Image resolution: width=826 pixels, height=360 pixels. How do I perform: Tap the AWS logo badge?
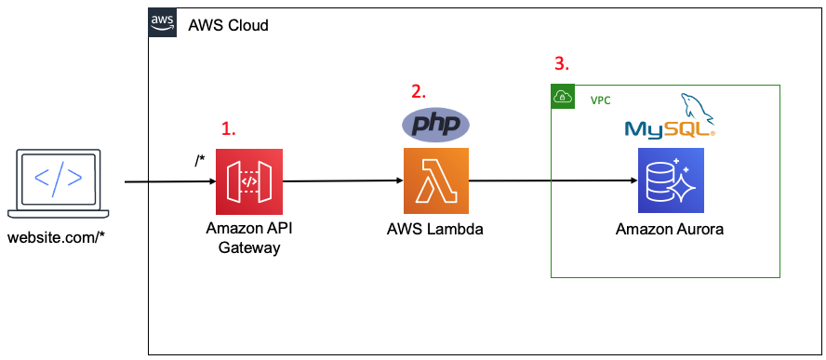pos(163,24)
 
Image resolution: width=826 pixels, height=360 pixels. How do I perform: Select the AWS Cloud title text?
pos(228,25)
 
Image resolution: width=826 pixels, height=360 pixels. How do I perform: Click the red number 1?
pos(228,129)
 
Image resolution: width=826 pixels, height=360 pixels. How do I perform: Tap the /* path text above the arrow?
pos(199,161)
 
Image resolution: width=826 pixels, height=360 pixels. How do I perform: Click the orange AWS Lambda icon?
pos(435,180)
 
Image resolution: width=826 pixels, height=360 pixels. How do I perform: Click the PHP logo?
pos(434,124)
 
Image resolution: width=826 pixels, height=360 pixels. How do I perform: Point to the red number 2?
pos(419,91)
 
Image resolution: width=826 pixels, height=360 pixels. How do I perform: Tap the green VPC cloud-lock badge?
pos(563,97)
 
